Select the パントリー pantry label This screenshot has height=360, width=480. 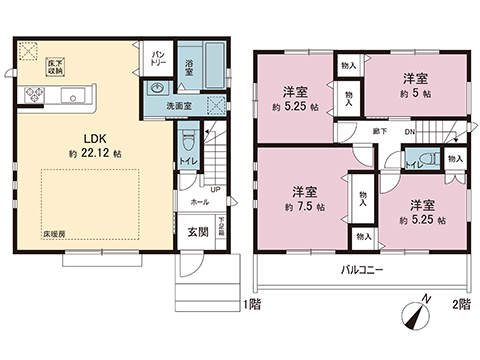coord(159,57)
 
